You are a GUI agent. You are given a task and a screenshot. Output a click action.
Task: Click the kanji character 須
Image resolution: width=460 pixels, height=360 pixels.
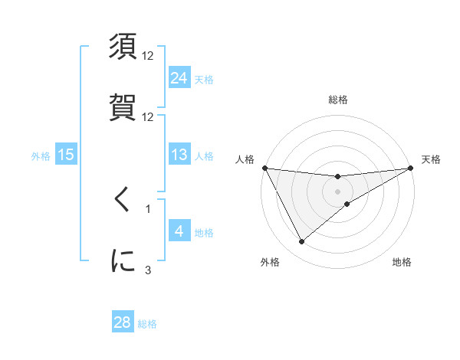click(x=123, y=47)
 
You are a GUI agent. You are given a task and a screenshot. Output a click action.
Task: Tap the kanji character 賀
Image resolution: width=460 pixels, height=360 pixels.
click(x=123, y=106)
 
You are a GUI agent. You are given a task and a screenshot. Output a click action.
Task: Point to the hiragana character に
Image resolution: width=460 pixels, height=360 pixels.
click(x=123, y=260)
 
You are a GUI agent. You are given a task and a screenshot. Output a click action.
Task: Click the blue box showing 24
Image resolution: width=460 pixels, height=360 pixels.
click(x=179, y=78)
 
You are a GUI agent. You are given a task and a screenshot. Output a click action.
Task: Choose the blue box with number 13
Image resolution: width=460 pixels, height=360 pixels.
click(x=179, y=155)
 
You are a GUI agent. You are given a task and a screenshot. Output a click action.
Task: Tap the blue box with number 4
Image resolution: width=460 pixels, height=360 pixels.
click(x=179, y=231)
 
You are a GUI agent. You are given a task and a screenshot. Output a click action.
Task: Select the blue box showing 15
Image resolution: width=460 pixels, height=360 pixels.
click(x=67, y=155)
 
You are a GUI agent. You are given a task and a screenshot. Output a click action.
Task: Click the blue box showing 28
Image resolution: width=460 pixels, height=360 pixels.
click(x=123, y=322)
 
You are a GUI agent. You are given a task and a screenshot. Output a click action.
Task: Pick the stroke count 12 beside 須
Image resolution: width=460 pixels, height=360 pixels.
click(x=149, y=57)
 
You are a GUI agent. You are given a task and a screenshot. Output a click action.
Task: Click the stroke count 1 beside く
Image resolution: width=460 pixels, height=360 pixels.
click(x=149, y=208)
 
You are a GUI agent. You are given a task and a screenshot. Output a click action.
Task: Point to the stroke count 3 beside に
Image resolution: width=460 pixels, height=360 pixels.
click(x=149, y=269)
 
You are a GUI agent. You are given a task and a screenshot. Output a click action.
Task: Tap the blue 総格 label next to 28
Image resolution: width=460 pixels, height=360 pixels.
click(x=148, y=324)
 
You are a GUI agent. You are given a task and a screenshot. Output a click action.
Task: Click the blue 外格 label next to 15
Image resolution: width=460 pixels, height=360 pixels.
click(x=41, y=156)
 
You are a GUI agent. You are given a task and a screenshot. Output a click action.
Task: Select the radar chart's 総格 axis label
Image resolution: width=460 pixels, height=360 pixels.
click(x=338, y=100)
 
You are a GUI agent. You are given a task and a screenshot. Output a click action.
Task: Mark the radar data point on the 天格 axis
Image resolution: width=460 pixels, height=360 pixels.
click(x=411, y=168)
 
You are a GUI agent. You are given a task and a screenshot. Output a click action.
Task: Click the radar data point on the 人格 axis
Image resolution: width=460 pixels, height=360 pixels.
click(x=264, y=168)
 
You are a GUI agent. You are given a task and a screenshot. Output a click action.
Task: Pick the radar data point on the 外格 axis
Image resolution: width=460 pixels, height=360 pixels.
click(x=301, y=242)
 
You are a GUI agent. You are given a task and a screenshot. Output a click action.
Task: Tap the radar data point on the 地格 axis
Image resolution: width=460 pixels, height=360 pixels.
click(x=347, y=204)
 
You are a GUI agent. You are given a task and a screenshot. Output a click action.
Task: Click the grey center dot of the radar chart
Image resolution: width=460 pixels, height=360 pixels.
click(x=338, y=191)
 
